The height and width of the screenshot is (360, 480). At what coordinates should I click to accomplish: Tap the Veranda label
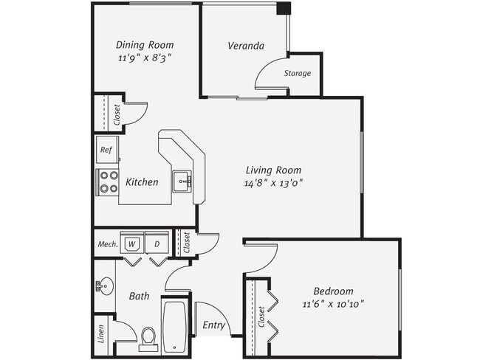pyautogui.click(x=246, y=46)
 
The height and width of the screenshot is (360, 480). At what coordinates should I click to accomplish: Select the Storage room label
pyautogui.click(x=298, y=73)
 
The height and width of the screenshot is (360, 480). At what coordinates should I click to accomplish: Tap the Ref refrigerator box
pyautogui.click(x=106, y=150)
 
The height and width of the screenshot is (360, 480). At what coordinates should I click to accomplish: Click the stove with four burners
pyautogui.click(x=108, y=181)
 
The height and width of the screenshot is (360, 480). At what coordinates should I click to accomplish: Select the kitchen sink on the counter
pyautogui.click(x=182, y=180)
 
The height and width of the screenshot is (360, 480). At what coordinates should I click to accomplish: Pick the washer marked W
pyautogui.click(x=132, y=243)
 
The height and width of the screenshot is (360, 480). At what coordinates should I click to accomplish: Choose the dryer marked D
pyautogui.click(x=157, y=243)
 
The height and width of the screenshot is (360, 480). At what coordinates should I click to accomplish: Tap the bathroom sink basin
pyautogui.click(x=106, y=284)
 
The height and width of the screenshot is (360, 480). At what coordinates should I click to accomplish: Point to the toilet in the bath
pyautogui.click(x=148, y=339)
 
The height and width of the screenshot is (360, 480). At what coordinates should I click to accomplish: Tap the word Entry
pyautogui.click(x=213, y=325)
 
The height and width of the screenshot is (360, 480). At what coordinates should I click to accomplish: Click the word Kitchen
pyautogui.click(x=142, y=181)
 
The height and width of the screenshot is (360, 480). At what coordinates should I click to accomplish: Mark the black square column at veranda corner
pyautogui.click(x=284, y=8)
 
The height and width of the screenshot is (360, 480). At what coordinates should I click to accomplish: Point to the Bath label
pyautogui.click(x=140, y=297)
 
